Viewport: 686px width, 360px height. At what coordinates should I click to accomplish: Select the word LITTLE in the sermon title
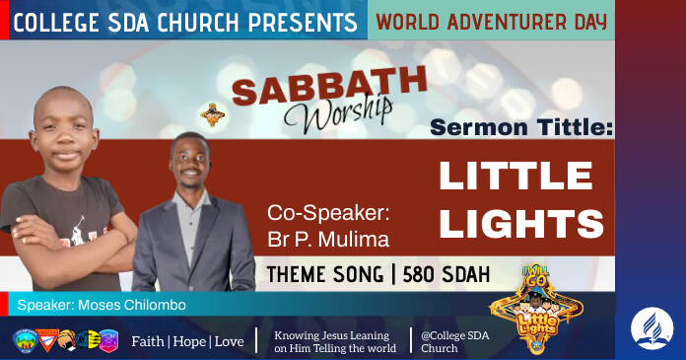point(515,176)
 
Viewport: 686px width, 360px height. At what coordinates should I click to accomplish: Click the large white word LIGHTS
point(521,222)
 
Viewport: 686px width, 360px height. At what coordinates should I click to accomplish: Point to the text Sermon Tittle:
point(521,127)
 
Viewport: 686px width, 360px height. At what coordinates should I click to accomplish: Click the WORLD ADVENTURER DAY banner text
point(491,20)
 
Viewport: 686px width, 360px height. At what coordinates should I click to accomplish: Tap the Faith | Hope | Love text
point(187,340)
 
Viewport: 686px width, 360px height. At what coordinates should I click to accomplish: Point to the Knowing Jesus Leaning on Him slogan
point(335,340)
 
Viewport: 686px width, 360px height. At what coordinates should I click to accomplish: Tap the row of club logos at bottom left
point(66,340)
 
